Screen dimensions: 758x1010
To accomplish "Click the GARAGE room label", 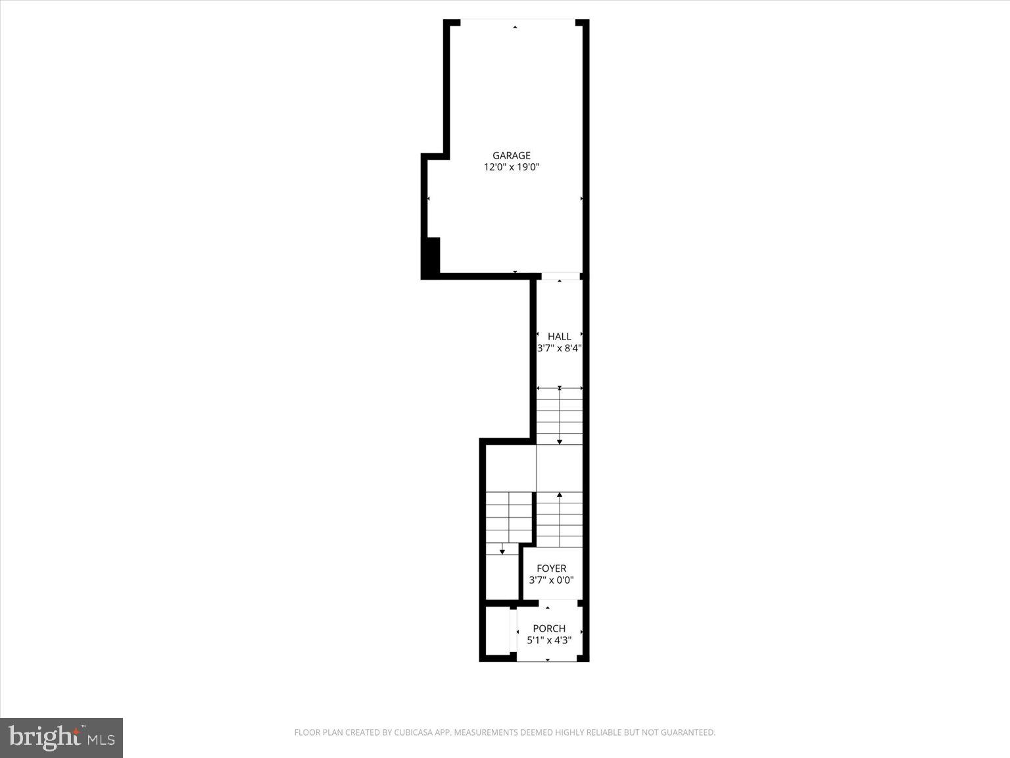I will pyautogui.click(x=511, y=156).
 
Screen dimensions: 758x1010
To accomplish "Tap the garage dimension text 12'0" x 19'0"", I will pyautogui.click(x=511, y=167).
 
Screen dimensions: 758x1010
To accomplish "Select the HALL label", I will pyautogui.click(x=559, y=336).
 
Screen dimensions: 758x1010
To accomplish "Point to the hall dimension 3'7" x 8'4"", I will pyautogui.click(x=559, y=348).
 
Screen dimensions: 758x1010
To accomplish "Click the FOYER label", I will pyautogui.click(x=551, y=568).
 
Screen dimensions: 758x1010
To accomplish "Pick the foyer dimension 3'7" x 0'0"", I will pyautogui.click(x=551, y=580).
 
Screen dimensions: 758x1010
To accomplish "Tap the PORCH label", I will pyautogui.click(x=549, y=628).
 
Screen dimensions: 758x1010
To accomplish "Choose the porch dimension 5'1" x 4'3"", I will pyautogui.click(x=549, y=640).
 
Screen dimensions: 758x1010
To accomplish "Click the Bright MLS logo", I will pyautogui.click(x=61, y=737).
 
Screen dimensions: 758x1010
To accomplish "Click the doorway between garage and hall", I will pyautogui.click(x=560, y=276).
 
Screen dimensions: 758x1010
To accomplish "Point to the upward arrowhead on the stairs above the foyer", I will pyautogui.click(x=560, y=494).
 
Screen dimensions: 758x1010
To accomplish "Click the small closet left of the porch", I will pyautogui.click(x=497, y=631).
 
